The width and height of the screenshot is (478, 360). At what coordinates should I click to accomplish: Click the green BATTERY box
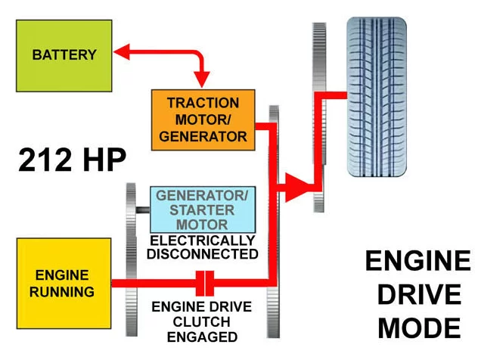point(64,54)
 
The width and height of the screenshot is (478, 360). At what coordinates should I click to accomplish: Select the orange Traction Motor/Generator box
point(203,119)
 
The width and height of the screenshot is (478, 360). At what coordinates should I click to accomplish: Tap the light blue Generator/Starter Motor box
point(201,209)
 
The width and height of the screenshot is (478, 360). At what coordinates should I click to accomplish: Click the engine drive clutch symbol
point(203,284)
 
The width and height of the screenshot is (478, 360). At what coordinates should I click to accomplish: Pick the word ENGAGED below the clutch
point(203,336)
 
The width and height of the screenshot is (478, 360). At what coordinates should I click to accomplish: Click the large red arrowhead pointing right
point(296,186)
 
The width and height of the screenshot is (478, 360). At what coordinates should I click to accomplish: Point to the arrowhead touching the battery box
point(120,52)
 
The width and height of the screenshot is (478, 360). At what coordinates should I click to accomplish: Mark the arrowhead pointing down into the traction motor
point(202,81)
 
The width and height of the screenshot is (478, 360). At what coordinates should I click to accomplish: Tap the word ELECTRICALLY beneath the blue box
point(203,241)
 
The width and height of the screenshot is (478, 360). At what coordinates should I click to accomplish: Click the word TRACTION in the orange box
point(203,104)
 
